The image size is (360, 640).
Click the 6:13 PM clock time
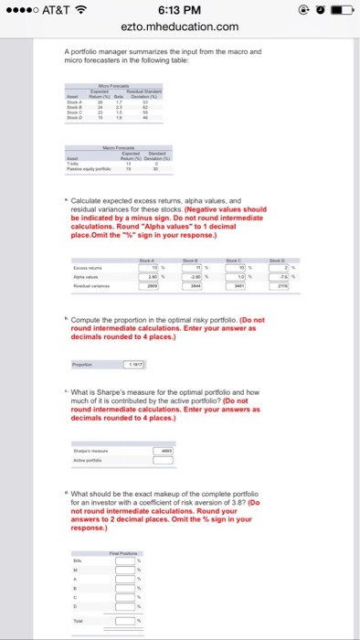coord(179,10)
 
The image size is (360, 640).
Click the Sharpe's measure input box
coord(163,452)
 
